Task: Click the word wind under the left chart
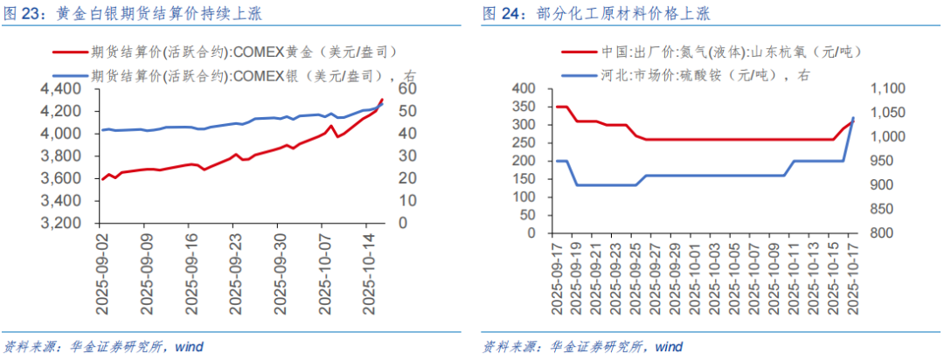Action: pos(188,347)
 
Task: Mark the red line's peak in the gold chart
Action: pos(382,100)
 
